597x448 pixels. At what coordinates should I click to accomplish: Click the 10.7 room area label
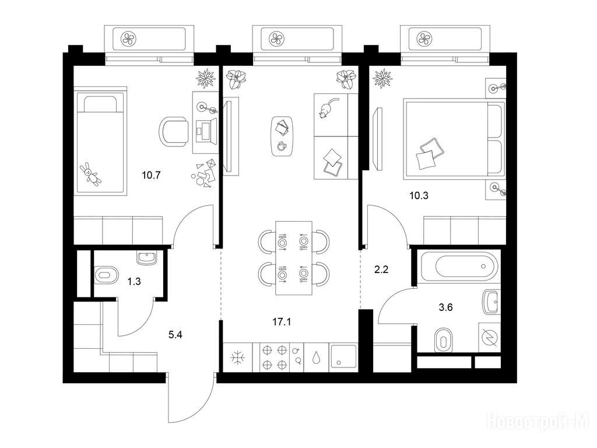(x=151, y=176)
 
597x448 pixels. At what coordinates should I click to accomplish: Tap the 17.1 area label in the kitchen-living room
(x=282, y=322)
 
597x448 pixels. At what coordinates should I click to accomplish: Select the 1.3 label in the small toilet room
(x=134, y=282)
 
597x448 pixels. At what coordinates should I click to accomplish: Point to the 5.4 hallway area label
(x=175, y=335)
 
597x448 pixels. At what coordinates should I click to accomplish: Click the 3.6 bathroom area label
(x=445, y=307)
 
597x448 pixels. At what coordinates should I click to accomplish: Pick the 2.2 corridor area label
(x=381, y=269)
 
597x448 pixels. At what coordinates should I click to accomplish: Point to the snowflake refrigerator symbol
(x=238, y=358)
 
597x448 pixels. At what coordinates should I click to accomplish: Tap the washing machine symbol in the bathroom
(x=489, y=338)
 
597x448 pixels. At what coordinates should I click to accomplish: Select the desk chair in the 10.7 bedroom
(x=174, y=132)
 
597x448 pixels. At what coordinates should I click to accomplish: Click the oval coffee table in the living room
(x=282, y=136)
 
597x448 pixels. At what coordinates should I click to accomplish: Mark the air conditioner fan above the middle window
(x=276, y=38)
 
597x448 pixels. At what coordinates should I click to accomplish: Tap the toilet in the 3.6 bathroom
(x=443, y=340)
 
